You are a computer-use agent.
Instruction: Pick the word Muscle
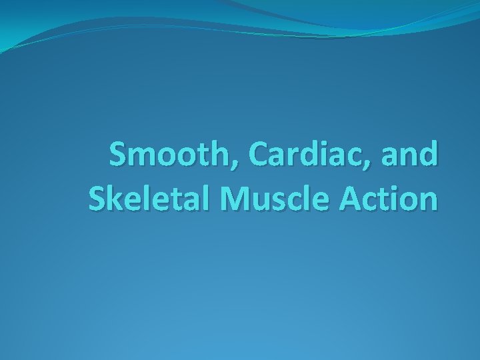(x=265, y=199)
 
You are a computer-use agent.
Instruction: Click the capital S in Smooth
(x=120, y=155)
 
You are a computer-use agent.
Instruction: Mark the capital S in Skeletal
(x=97, y=199)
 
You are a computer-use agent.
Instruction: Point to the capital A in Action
(x=349, y=199)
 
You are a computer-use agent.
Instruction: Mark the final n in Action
(x=429, y=202)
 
